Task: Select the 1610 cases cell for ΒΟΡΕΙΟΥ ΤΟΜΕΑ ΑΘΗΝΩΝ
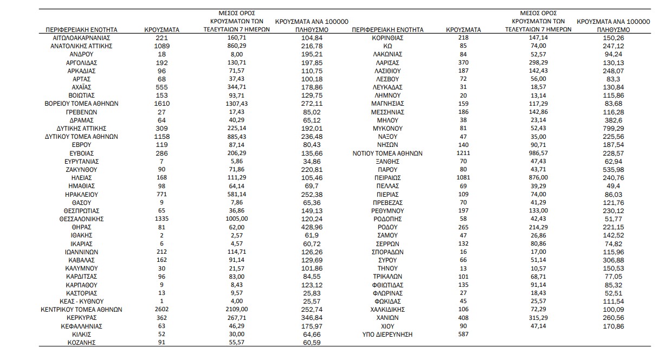162,104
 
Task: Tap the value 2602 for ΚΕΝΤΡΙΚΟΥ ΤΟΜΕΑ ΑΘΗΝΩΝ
162,310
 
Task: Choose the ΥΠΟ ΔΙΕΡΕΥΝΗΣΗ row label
387,335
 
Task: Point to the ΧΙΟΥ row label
387,326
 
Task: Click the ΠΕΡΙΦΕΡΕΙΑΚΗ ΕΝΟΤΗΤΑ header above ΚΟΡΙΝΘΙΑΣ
387,30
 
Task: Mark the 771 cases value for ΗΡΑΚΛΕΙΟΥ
162,194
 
